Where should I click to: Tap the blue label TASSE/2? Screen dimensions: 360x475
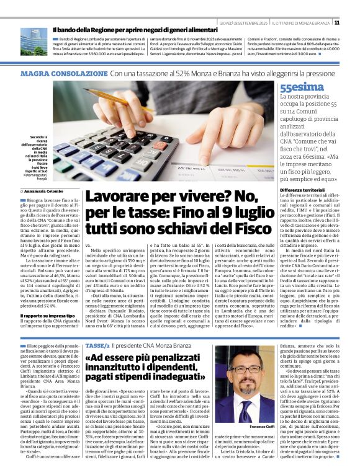97,345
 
